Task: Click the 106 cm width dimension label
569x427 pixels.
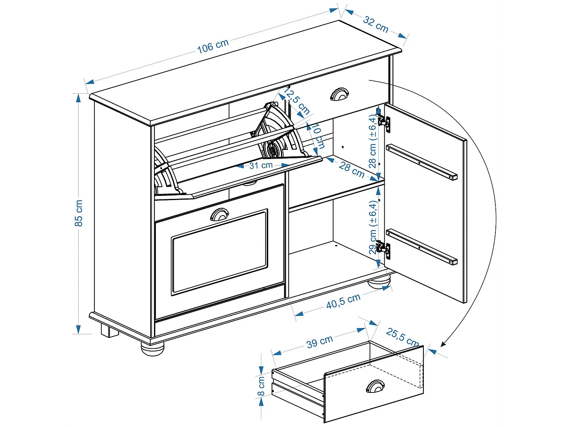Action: (x=213, y=46)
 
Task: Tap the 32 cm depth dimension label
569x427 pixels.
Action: (x=376, y=24)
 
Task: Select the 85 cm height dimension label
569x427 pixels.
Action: (x=79, y=213)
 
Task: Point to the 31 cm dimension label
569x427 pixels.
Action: (x=261, y=165)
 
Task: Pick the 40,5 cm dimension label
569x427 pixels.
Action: (x=343, y=301)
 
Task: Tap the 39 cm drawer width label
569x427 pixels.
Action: (x=319, y=342)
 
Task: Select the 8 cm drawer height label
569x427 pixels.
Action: (x=261, y=386)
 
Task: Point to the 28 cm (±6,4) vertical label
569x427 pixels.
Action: (x=373, y=142)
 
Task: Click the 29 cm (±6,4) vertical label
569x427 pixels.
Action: (x=373, y=227)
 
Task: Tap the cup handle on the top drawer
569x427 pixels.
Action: (x=339, y=95)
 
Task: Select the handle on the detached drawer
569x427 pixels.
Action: (x=375, y=386)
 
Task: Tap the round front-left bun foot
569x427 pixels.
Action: (x=152, y=348)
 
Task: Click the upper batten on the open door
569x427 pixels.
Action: (x=421, y=162)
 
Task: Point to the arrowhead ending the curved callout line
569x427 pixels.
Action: (x=443, y=344)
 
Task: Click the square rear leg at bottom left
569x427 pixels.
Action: (x=109, y=331)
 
